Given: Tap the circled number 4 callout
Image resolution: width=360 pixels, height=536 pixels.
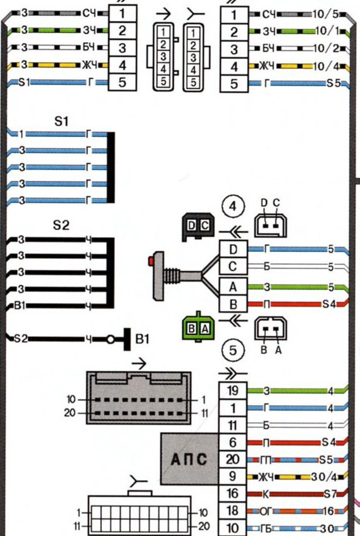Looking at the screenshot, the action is point(233,206).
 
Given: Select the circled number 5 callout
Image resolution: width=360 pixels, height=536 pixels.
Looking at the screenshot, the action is point(233,350).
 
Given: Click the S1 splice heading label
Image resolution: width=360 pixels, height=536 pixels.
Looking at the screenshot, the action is point(61,121).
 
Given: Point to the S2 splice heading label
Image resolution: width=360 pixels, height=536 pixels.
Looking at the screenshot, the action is point(61,225).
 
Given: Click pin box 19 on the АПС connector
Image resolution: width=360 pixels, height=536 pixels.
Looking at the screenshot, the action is point(233,391).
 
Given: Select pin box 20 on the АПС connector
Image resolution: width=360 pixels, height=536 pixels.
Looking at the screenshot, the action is point(233,459).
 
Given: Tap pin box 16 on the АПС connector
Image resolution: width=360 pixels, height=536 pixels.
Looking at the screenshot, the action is point(233,493).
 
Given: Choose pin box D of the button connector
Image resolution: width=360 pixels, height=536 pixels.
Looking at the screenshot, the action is point(233,249).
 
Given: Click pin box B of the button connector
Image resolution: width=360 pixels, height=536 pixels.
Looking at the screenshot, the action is point(233,304).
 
